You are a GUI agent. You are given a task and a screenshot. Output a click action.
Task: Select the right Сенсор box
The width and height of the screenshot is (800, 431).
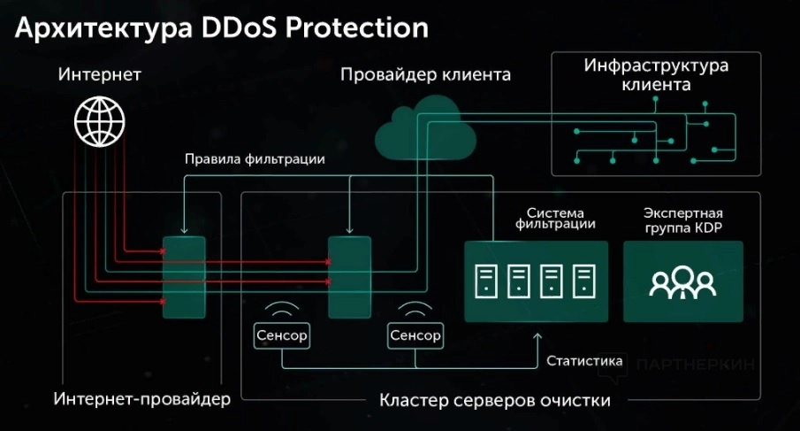(415, 335)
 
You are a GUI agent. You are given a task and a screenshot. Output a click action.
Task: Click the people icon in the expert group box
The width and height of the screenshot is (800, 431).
(682, 281)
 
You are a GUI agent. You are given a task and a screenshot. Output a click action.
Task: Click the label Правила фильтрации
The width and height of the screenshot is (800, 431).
(255, 160)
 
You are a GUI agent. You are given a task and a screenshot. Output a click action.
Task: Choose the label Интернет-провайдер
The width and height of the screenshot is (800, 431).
(141, 399)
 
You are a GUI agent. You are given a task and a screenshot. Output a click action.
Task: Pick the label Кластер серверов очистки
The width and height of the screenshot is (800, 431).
(495, 400)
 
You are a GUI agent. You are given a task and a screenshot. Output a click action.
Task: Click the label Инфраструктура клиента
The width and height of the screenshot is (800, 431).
(655, 76)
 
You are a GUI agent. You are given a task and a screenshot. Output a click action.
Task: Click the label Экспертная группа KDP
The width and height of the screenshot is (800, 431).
(682, 221)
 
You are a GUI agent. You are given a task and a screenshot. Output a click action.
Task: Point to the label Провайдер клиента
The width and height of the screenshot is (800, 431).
(425, 75)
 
